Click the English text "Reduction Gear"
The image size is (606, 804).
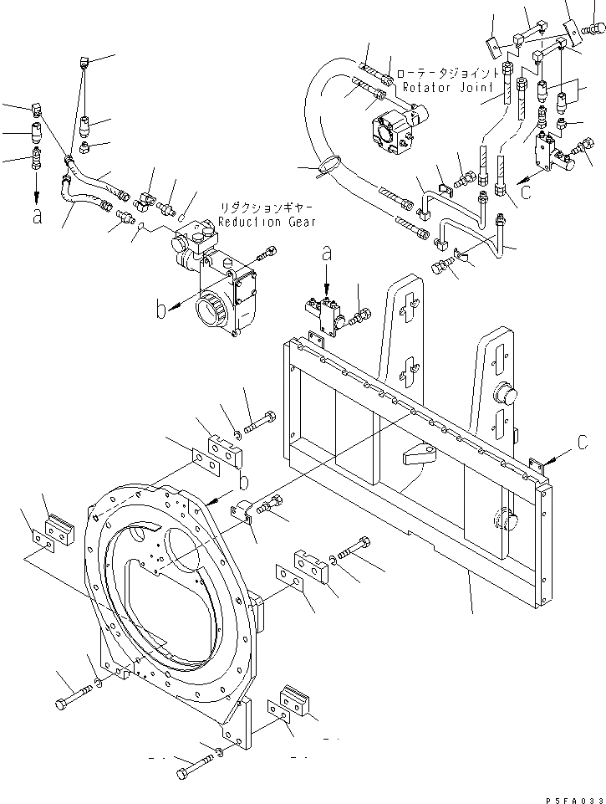point(267,222)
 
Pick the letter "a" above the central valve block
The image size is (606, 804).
point(327,251)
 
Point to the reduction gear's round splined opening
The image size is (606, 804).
point(211,314)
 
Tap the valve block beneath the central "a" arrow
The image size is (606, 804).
point(327,315)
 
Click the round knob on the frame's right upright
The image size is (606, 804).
point(505,392)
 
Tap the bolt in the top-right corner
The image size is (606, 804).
point(595,29)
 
